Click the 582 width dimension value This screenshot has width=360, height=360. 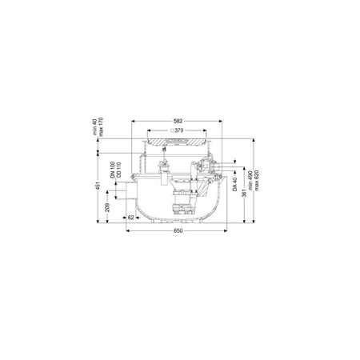pos(178,121)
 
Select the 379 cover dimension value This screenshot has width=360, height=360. pos(179,130)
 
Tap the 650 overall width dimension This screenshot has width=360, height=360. pos(178,230)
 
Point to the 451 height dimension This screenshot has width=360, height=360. pos(98,186)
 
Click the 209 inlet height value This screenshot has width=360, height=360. pos(107,207)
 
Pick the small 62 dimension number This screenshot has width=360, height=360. pos(130,218)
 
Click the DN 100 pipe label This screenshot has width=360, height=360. pos(113,170)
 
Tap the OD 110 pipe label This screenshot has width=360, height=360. pos(118,170)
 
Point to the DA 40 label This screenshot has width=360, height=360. pos(234,184)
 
